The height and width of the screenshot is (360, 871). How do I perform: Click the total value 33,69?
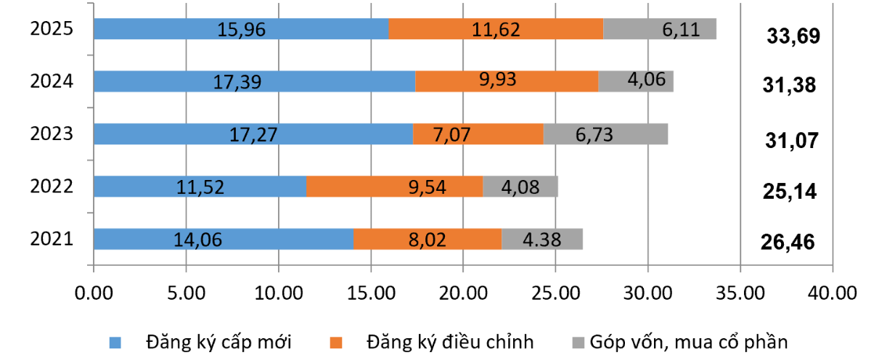793,36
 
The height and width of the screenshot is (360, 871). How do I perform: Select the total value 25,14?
789,192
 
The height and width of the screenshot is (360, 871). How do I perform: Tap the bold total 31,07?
791,139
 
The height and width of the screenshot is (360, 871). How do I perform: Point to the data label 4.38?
541,239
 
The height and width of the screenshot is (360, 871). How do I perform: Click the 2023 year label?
52,134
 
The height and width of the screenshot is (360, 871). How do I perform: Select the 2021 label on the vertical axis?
52,239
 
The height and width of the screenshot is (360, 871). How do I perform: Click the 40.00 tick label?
832,294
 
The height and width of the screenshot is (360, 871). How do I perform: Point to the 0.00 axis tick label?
94,294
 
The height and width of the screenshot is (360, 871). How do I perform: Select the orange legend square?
335,341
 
